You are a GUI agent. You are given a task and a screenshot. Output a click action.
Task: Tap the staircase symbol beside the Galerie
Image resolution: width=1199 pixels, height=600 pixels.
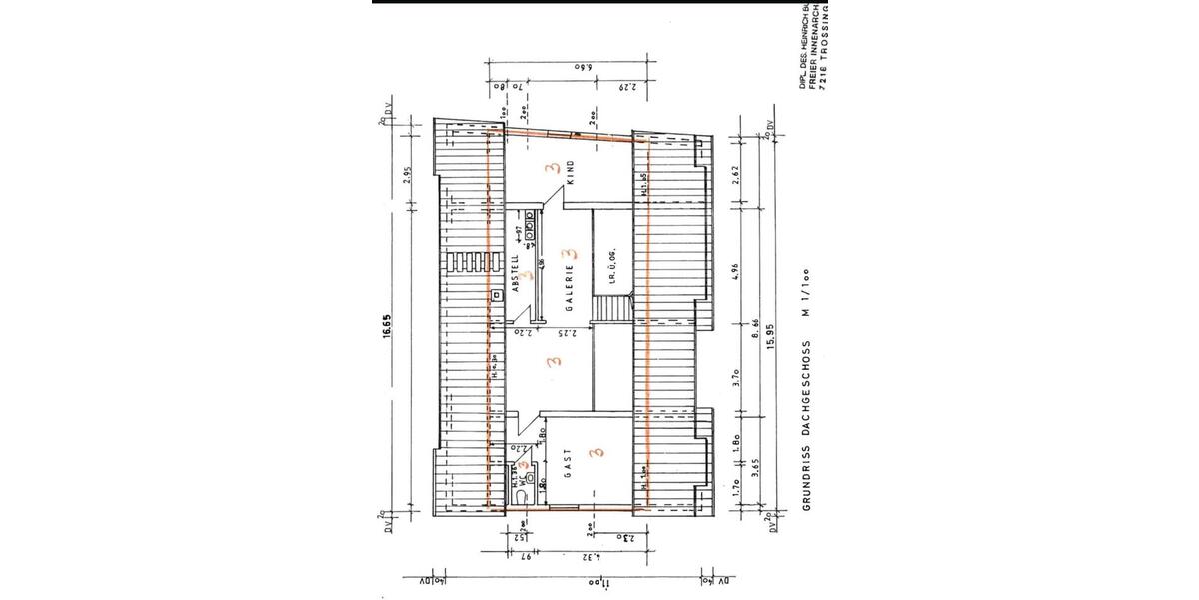pyautogui.click(x=610, y=307)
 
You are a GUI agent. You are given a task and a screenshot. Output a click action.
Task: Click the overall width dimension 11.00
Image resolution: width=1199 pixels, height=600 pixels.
pyautogui.click(x=592, y=580)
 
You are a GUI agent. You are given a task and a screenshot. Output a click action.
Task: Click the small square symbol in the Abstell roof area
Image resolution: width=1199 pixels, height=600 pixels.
pyautogui.click(x=495, y=296)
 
